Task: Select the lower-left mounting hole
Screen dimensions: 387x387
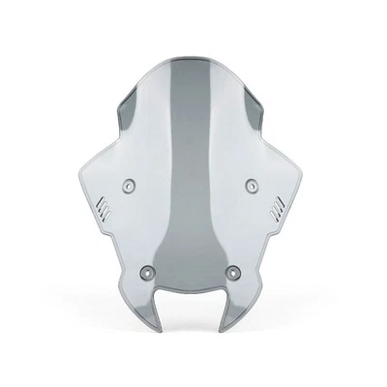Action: pos(147,271)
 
